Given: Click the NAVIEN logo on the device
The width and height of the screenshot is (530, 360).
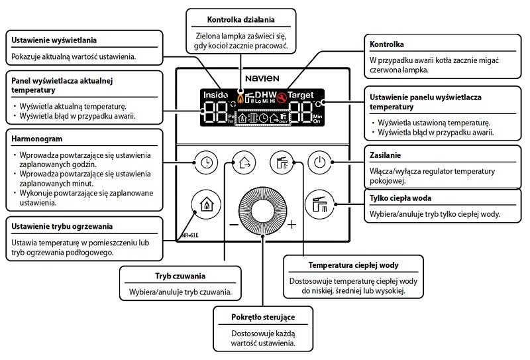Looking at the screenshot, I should pos(263,78).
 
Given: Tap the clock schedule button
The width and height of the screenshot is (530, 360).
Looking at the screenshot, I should pos(207,160).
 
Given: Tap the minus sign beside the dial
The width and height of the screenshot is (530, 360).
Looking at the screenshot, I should pos(233,224).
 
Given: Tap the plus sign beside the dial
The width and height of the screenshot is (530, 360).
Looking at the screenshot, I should pos(292,224).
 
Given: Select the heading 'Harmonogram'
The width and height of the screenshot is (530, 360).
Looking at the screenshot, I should pos(34,139).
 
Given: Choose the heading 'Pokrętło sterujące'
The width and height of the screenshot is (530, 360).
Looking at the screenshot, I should pos(263,316).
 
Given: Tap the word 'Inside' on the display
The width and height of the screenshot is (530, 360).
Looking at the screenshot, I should pos(215,95).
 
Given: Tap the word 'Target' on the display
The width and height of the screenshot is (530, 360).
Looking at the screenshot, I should pos(301,95).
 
